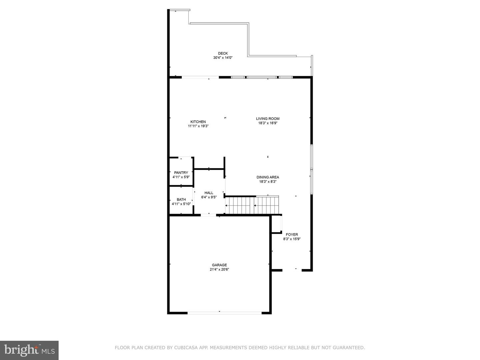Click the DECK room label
coord(223,53)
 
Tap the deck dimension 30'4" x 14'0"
coord(223,58)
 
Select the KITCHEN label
coord(198,122)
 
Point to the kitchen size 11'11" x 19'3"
coord(198,126)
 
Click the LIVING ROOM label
coord(268,118)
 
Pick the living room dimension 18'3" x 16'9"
coord(268,123)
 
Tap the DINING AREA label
coord(268,177)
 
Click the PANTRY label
coord(181,173)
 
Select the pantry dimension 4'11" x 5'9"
coord(181,177)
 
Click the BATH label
coord(181,200)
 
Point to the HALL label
coord(209,193)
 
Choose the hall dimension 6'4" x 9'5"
coord(209,197)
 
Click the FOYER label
coord(292,235)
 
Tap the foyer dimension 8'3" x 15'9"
coord(292,239)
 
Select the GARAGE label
coord(219,265)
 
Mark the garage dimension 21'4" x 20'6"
coord(219,269)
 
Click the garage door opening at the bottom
coord(224,313)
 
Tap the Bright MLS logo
coord(29,350)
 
